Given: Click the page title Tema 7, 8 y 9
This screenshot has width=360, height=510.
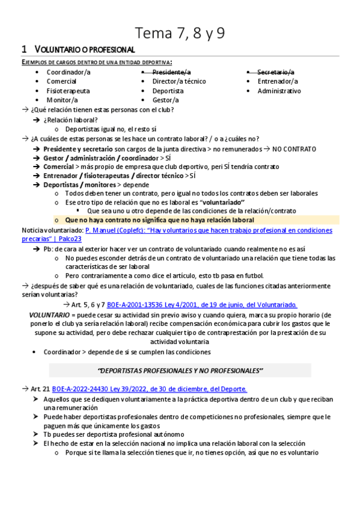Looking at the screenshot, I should (180, 32).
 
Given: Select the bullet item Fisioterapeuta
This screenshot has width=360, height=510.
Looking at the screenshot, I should (68, 91).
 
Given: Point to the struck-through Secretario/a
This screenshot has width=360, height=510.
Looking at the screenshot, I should (276, 72).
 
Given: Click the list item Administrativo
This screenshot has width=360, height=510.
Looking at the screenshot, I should (279, 91).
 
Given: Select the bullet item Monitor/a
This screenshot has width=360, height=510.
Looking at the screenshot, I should (62, 100).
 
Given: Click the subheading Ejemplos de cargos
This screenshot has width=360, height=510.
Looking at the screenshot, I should (96, 62).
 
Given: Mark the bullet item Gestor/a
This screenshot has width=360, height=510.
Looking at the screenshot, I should (165, 100).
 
